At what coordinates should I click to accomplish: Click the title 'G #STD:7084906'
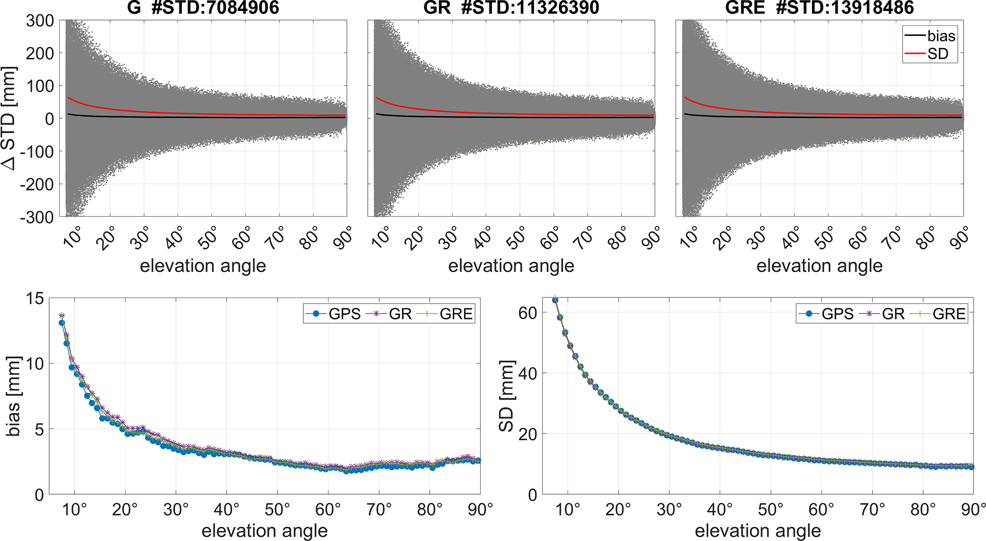203,8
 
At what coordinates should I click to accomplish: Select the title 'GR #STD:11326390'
511,8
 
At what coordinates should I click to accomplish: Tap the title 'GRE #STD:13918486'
819,8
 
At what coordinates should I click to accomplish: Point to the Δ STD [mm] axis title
10,118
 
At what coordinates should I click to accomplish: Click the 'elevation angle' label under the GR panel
511,266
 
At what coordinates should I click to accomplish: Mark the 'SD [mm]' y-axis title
507,396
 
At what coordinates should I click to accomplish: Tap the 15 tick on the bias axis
33,299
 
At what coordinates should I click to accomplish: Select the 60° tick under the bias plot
328,510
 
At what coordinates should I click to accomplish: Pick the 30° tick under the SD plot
669,510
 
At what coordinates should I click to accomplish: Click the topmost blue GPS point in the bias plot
62,323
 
